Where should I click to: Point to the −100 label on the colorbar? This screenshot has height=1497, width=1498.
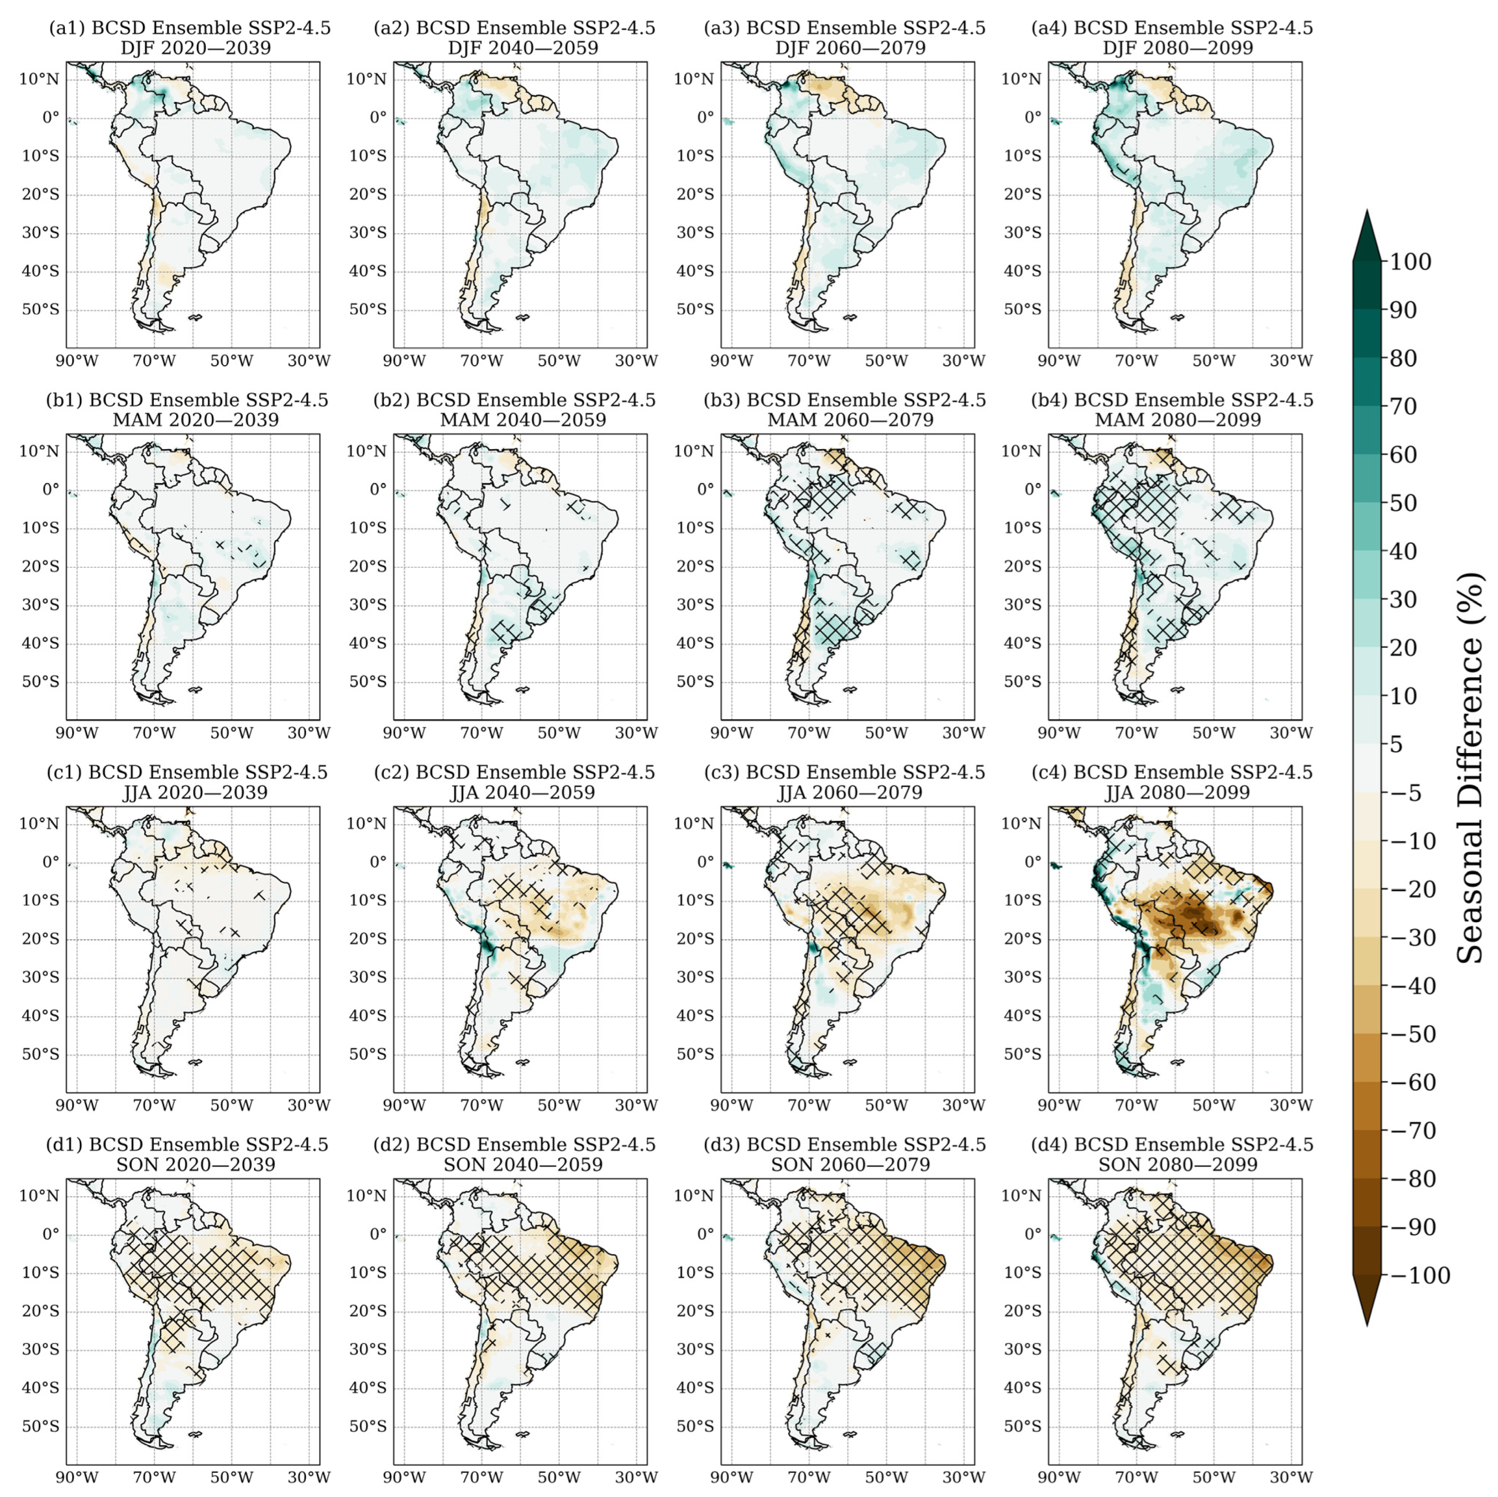1418,1275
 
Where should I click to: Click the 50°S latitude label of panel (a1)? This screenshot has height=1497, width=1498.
40,309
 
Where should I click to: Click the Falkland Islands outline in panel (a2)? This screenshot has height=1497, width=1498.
523,317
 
